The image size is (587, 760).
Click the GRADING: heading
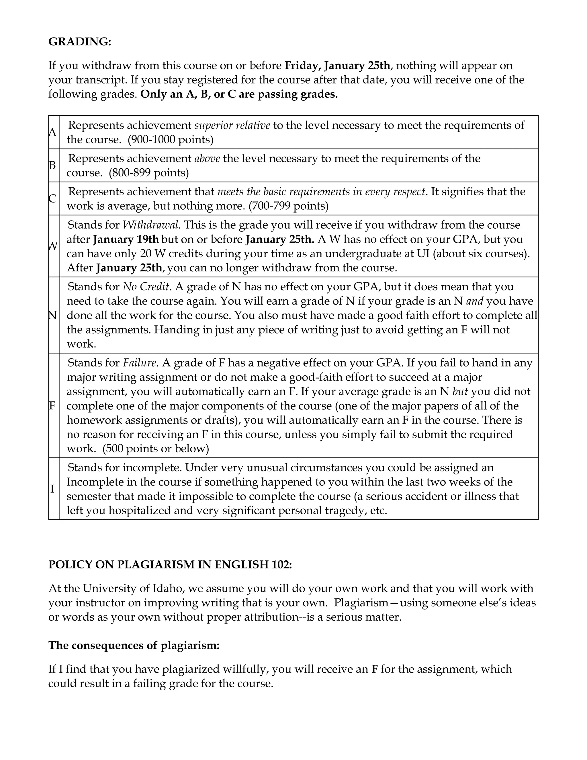[x=80, y=42]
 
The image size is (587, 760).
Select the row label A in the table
[x=52, y=132]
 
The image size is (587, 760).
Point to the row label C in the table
[x=52, y=199]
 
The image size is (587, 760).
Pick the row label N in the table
[x=52, y=315]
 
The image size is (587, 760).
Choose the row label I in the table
[x=52, y=489]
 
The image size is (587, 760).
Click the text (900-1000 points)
[x=171, y=140]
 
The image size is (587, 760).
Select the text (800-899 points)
[x=148, y=173]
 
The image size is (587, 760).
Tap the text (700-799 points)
[x=288, y=206]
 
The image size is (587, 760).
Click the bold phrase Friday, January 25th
[x=337, y=65]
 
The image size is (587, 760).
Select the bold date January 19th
[x=126, y=239]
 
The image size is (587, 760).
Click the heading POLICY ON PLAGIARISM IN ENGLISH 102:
[x=170, y=564]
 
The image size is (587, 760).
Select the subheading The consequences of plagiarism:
[x=134, y=645]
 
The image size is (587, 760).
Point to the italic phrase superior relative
[x=232, y=125]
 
